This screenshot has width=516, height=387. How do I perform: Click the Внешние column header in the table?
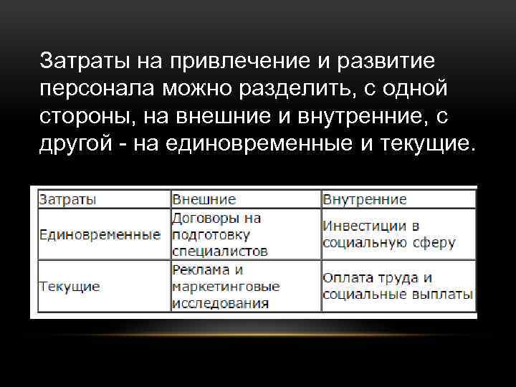point(204,199)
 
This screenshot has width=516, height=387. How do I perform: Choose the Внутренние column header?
point(365,199)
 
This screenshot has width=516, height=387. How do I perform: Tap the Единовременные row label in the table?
point(100,234)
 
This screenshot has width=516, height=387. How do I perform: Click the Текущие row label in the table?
point(70,286)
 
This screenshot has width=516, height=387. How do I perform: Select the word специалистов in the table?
point(220,252)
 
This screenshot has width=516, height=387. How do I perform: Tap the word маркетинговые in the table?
point(226,286)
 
